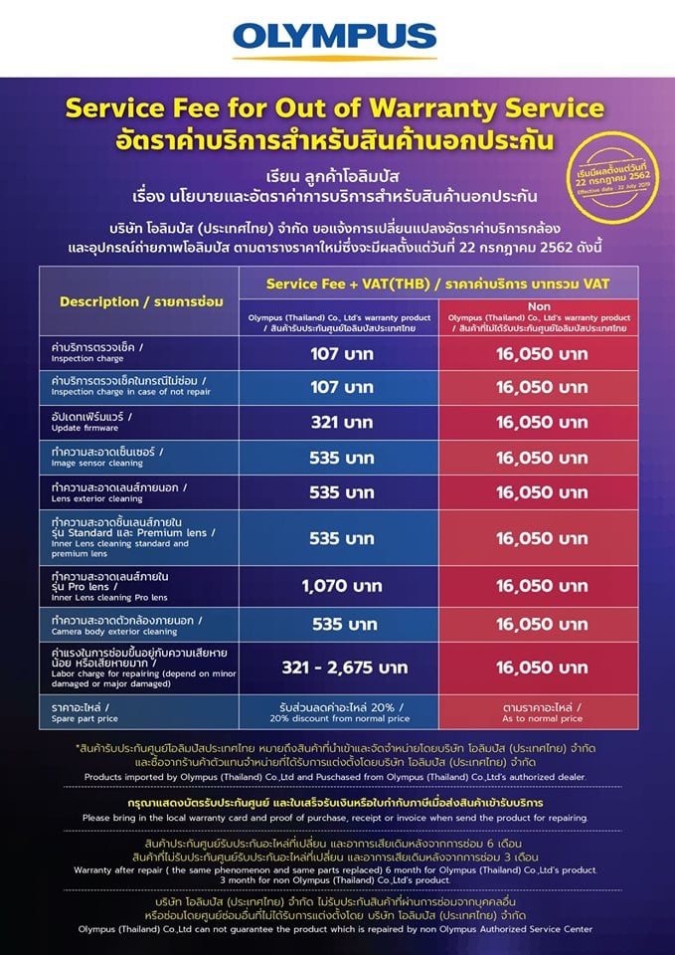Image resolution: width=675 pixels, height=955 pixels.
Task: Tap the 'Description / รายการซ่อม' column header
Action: coord(139,301)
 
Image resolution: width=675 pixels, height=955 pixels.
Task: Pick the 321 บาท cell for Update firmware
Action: coord(341,422)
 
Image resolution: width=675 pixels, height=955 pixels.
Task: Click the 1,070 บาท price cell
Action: coord(341,585)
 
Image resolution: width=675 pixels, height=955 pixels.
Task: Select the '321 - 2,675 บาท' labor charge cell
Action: coord(341,667)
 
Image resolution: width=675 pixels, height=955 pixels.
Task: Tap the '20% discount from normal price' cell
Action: coord(341,717)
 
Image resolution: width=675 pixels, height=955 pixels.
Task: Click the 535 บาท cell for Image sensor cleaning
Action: coord(341,457)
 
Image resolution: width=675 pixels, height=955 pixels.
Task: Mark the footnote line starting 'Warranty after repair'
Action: coord(337,868)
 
